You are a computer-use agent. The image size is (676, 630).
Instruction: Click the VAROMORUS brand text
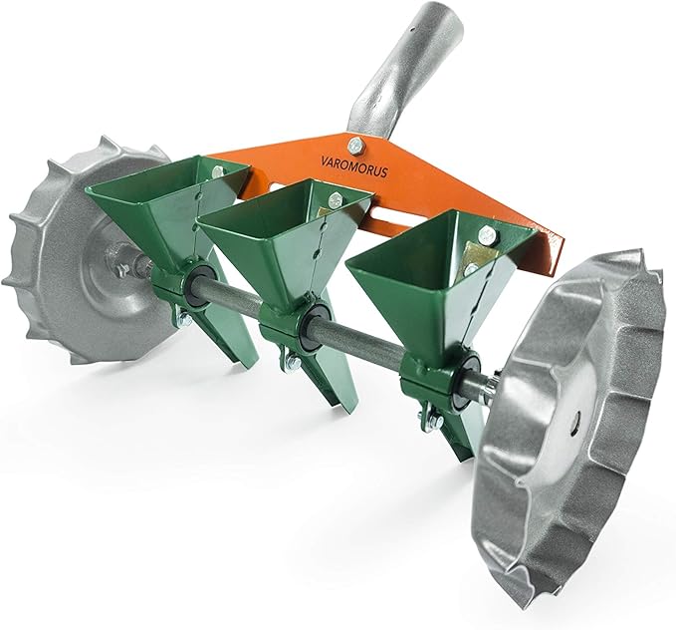354,166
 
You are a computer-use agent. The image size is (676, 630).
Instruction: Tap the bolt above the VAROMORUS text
355,146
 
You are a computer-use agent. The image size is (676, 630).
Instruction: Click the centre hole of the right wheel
575,418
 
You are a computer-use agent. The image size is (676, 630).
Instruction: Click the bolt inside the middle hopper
335,200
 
